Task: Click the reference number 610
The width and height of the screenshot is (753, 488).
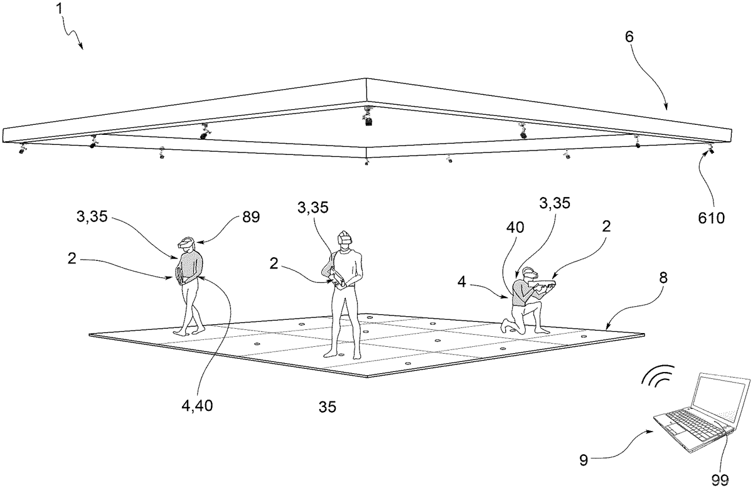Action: pyautogui.click(x=711, y=218)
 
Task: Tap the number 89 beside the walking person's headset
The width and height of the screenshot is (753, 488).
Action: pyautogui.click(x=251, y=218)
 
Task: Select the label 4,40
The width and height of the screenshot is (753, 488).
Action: pyautogui.click(x=197, y=406)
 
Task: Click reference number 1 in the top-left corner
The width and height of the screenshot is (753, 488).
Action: pyautogui.click(x=59, y=9)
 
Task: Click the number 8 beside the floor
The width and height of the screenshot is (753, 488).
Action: pyautogui.click(x=663, y=278)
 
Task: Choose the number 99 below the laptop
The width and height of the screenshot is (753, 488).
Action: pyautogui.click(x=720, y=480)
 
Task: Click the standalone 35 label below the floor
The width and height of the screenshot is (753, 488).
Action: pyautogui.click(x=328, y=407)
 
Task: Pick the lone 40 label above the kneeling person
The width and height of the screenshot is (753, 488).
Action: pyautogui.click(x=515, y=228)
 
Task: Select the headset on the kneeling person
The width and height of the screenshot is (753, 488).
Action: pyautogui.click(x=531, y=274)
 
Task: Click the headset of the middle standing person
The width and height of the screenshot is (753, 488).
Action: pyautogui.click(x=345, y=237)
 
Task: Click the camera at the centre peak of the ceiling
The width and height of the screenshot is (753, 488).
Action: pyautogui.click(x=368, y=117)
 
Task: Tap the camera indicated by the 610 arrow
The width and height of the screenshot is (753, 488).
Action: pyautogui.click(x=710, y=149)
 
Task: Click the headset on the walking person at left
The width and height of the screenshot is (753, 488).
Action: pyautogui.click(x=186, y=243)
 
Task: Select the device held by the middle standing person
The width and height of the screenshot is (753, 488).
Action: pyautogui.click(x=338, y=281)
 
